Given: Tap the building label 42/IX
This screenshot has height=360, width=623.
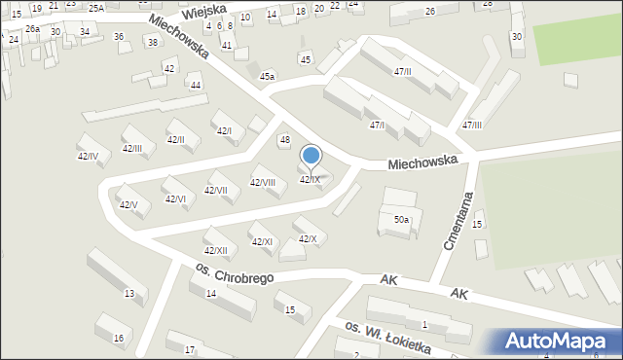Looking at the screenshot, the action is [309, 180].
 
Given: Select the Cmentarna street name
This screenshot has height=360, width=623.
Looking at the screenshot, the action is [458, 221].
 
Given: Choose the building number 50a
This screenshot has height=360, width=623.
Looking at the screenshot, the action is [401, 221].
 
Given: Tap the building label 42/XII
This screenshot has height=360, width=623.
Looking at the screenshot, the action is [215, 251].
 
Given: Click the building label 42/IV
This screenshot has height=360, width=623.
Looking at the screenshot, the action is [88, 156].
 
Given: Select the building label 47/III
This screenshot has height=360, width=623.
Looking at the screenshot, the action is [472, 126].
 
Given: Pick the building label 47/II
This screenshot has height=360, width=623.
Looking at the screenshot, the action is [402, 72].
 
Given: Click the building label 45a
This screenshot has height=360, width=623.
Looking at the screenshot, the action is [267, 76].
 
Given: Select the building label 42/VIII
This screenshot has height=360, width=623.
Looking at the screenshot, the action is [263, 182].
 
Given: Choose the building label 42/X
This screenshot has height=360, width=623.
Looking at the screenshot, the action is [307, 239].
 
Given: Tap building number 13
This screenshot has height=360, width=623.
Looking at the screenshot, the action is [129, 293].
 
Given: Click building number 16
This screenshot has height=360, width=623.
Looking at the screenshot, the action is [119, 338].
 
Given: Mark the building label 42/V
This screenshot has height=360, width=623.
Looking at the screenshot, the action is [128, 204].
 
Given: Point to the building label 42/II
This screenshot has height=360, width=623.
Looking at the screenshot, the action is [175, 140].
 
